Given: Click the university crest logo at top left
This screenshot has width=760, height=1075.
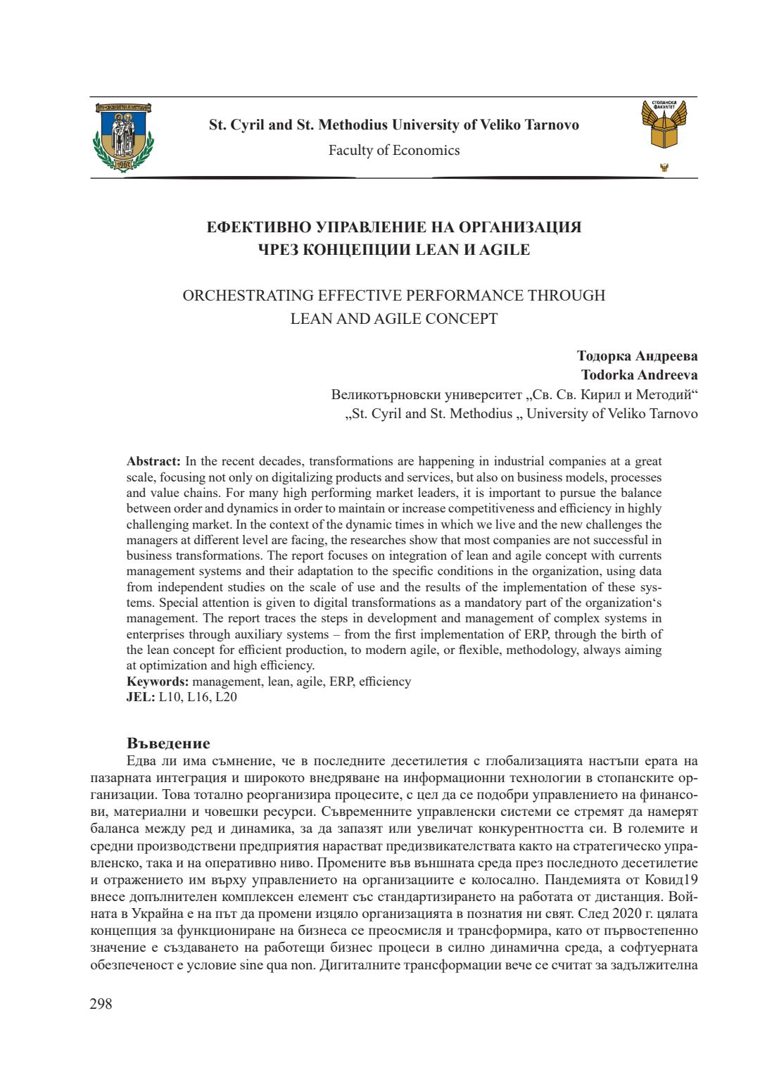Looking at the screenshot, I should pyautogui.click(x=123, y=137).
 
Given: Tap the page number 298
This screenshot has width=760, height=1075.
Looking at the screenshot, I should pyautogui.click(x=101, y=1004).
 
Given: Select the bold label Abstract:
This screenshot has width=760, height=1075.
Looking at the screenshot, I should pyautogui.click(x=153, y=462).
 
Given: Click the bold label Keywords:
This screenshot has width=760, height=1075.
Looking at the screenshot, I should pyautogui.click(x=158, y=681).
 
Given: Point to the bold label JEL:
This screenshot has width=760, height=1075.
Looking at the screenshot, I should pyautogui.click(x=141, y=697).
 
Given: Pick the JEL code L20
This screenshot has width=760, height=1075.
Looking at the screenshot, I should pyautogui.click(x=226, y=697).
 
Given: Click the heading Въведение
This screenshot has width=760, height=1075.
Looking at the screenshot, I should pyautogui.click(x=168, y=743).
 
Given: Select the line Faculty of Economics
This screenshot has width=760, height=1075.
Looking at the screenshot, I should pyautogui.click(x=394, y=150).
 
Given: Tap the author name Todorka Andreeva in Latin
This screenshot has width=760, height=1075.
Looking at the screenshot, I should pyautogui.click(x=639, y=375).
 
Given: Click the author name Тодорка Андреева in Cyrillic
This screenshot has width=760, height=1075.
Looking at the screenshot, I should pyautogui.click(x=637, y=356).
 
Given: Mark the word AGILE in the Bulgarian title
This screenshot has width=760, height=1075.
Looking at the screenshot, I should pyautogui.click(x=505, y=250).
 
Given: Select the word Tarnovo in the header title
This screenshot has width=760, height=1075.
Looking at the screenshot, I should pyautogui.click(x=552, y=125).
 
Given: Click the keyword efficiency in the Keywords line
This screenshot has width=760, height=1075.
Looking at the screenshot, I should pyautogui.click(x=385, y=681).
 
